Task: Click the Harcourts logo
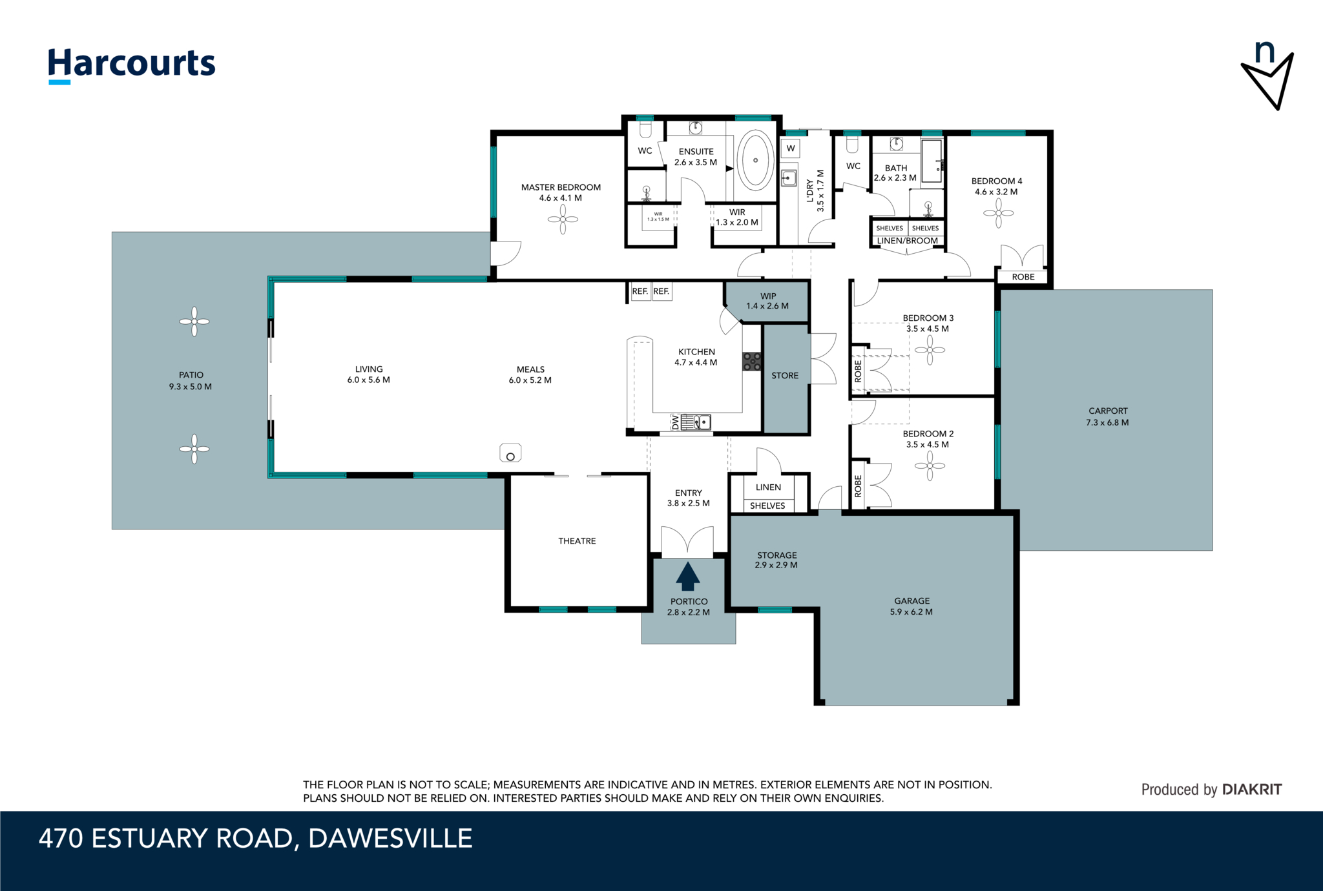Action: tap(132, 65)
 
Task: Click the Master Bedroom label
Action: tap(561, 192)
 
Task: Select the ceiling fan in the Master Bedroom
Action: tap(563, 220)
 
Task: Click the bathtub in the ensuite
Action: tap(755, 160)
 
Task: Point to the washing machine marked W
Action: tap(791, 148)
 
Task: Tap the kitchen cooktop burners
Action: tap(752, 361)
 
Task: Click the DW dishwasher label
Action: tap(676, 422)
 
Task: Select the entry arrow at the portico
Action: tap(688, 577)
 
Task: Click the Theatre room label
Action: tap(577, 541)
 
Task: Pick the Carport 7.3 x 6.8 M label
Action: tap(1108, 416)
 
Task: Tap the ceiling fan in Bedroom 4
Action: tap(999, 213)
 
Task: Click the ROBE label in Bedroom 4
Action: tap(1023, 277)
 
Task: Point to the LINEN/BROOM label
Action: tap(908, 241)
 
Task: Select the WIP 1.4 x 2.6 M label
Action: tap(767, 301)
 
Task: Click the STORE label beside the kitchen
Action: tap(785, 375)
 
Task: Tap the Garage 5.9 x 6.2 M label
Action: tap(912, 606)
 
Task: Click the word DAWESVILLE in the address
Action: tap(390, 838)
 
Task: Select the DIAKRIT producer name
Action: tap(1252, 789)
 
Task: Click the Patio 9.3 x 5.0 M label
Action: tap(191, 381)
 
